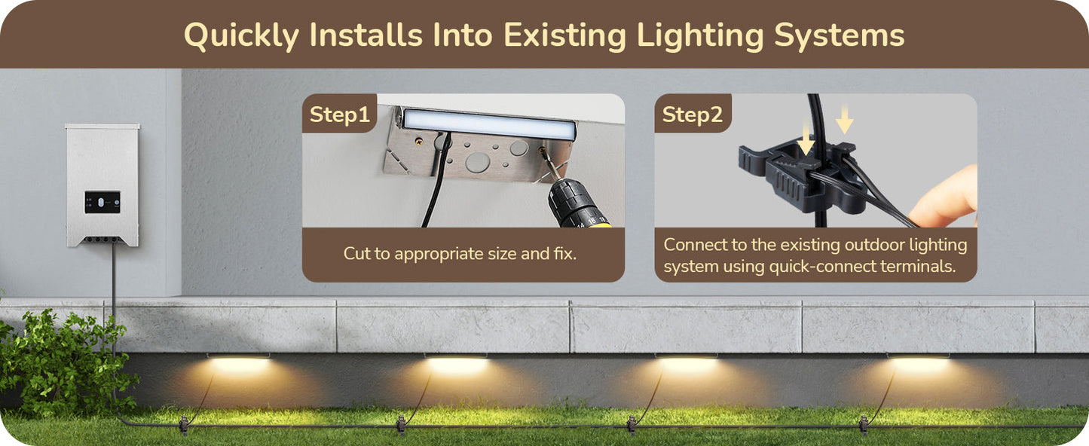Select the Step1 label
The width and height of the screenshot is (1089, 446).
pyautogui.click(x=339, y=115)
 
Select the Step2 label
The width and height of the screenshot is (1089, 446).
pyautogui.click(x=693, y=115)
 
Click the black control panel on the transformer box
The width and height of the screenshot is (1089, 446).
pyautogui.click(x=102, y=202)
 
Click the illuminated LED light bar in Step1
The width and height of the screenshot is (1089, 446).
pyautogui.click(x=488, y=124)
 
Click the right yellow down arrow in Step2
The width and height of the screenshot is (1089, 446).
pyautogui.click(x=845, y=118)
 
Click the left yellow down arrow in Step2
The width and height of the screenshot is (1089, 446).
pyautogui.click(x=806, y=139)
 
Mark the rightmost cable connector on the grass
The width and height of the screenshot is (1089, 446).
pyautogui.click(x=864, y=424)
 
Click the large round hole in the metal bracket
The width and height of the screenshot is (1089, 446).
pyautogui.click(x=477, y=162)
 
